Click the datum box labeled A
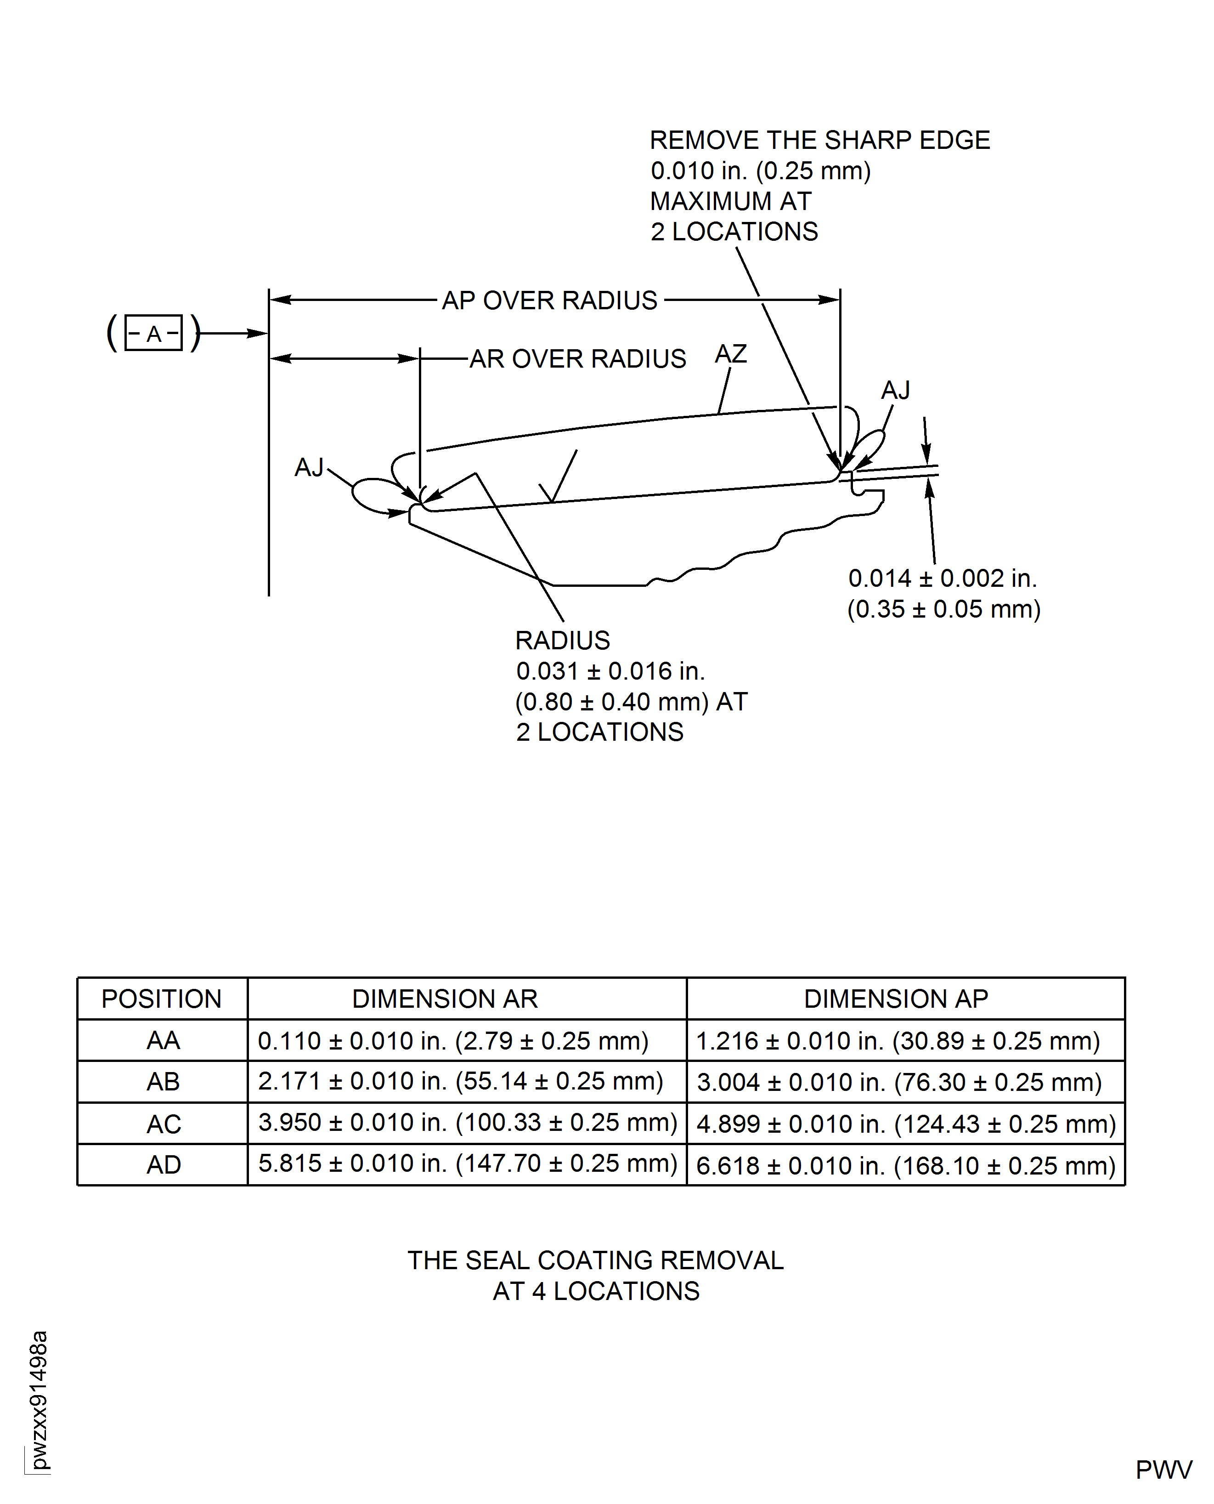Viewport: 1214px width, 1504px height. coord(153,333)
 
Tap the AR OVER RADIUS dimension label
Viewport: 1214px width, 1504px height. coord(578,359)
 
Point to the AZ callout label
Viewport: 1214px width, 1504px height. coord(731,354)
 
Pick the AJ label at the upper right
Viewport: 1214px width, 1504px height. coord(895,390)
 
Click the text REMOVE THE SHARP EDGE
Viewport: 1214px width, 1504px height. coord(819,140)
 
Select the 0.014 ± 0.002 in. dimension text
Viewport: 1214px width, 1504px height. coord(942,579)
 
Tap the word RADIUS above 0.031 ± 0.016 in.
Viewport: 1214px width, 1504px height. coord(562,640)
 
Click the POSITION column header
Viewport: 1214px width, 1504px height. coord(162,999)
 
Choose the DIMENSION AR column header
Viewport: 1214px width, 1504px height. coord(445,999)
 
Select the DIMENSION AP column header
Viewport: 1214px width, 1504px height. coord(896,999)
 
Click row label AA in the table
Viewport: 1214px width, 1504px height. coord(163,1041)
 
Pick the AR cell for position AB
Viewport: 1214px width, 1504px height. coord(460,1082)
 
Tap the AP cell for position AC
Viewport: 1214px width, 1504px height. coord(906,1124)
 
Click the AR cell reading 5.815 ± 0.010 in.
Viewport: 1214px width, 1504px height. coord(467,1163)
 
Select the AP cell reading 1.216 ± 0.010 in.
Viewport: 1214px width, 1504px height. coord(898,1041)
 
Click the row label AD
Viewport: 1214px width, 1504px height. coord(164,1165)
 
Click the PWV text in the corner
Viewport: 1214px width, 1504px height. coord(1163,1470)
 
